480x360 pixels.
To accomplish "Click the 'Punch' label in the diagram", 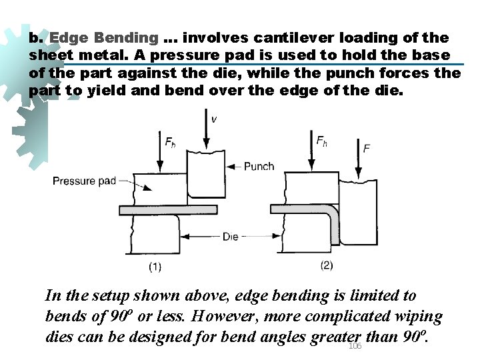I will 259,166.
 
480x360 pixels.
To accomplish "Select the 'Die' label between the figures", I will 231,237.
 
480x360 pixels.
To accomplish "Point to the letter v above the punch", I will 213,119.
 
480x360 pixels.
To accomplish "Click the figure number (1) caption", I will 155,267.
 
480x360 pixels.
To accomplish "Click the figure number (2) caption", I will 326,265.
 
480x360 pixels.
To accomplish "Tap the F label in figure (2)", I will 367,148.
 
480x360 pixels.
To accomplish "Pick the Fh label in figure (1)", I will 171,141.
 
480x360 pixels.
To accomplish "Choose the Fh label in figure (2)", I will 322,141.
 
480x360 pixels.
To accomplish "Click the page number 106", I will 355,346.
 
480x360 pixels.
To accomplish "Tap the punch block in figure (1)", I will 207,173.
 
